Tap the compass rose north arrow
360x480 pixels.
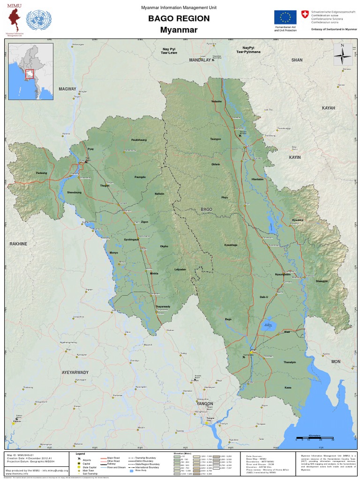[343, 55]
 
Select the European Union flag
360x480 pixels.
[285, 17]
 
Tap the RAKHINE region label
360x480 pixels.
[19, 244]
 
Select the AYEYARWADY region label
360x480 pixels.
[75, 372]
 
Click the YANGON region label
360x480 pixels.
[205, 404]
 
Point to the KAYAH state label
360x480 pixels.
[329, 108]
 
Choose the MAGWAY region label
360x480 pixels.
[67, 89]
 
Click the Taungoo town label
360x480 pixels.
[215, 139]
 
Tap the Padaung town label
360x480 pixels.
[41, 173]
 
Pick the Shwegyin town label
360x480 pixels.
[322, 281]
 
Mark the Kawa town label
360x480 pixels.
[288, 388]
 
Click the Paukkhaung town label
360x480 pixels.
[139, 140]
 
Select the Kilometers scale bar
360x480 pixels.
[315, 438]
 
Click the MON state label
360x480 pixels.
[336, 362]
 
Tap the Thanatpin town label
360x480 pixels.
[290, 362]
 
